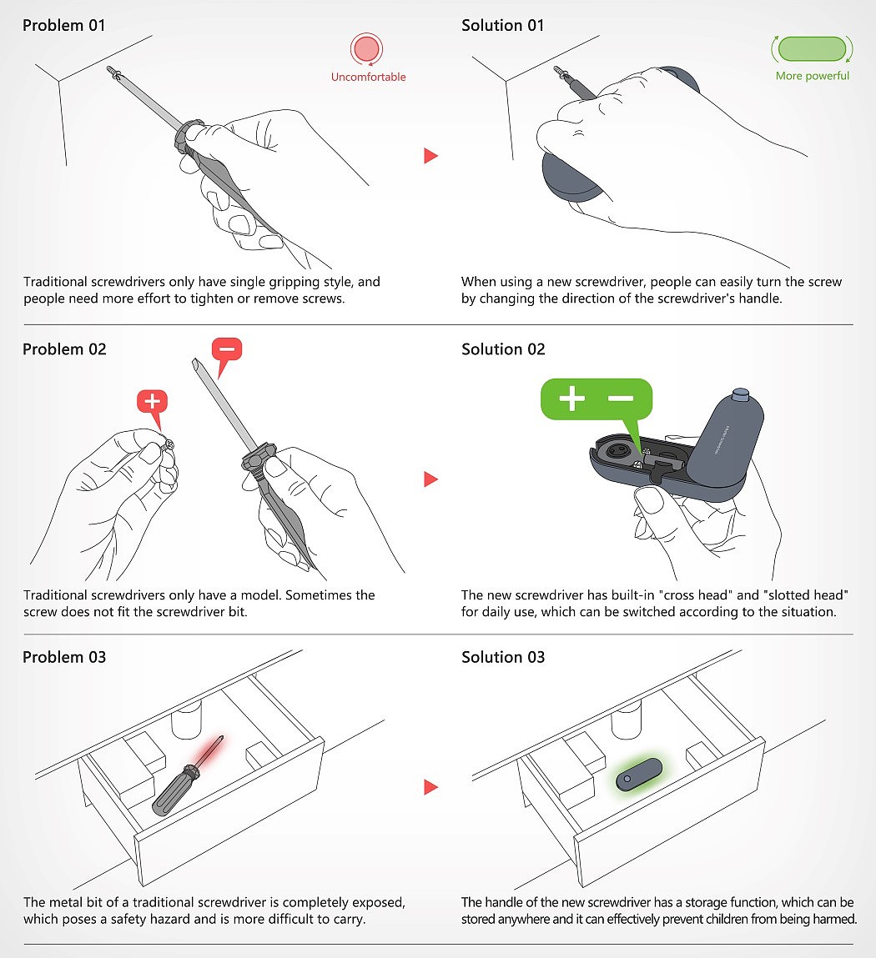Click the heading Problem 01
tap(63, 26)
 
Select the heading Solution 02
tap(503, 349)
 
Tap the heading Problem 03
tap(64, 657)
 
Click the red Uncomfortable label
tap(368, 77)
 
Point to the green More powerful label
tap(813, 76)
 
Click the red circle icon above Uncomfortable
tap(367, 49)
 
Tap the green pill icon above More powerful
tap(812, 49)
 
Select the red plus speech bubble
tap(153, 406)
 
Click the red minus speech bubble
tap(226, 355)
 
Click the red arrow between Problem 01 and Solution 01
tap(431, 156)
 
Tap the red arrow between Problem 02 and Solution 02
tap(431, 479)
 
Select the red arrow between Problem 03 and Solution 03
tap(431, 787)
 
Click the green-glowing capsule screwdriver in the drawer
tap(639, 775)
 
